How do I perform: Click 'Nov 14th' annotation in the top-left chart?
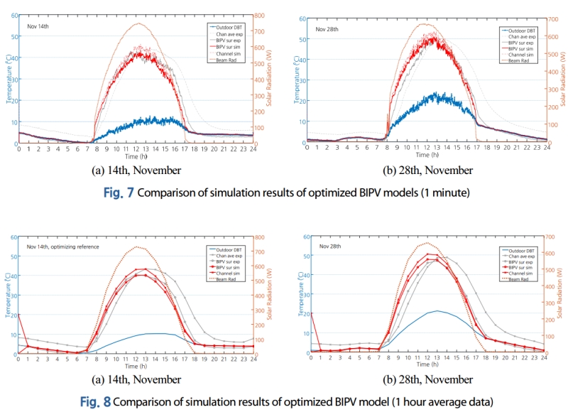38,26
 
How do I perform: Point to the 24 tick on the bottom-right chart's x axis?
543,359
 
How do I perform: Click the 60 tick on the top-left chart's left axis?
14,15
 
